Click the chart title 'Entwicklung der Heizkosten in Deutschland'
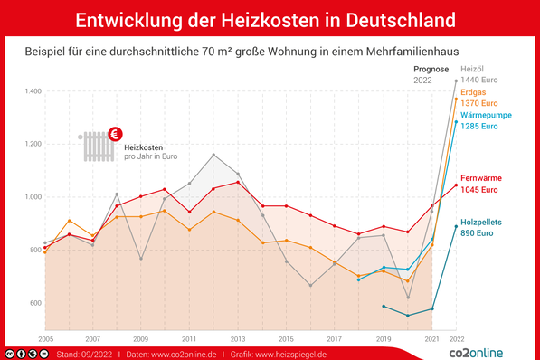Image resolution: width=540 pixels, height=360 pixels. pyautogui.click(x=270, y=19)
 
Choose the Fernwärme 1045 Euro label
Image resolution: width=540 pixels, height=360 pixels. pyautogui.click(x=480, y=184)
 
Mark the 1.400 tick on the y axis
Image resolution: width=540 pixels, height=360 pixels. pyautogui.click(x=34, y=91)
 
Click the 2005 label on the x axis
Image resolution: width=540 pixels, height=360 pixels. pyautogui.click(x=45, y=337)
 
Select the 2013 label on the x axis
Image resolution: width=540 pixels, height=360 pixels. pyautogui.click(x=238, y=337)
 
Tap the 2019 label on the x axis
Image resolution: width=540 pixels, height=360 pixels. pyautogui.click(x=383, y=337)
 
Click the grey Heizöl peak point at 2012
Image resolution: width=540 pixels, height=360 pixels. pyautogui.click(x=213, y=155)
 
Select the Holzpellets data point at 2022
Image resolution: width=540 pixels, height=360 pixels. pyautogui.click(x=456, y=226)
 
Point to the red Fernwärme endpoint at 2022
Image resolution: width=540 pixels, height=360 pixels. pyautogui.click(x=456, y=185)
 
